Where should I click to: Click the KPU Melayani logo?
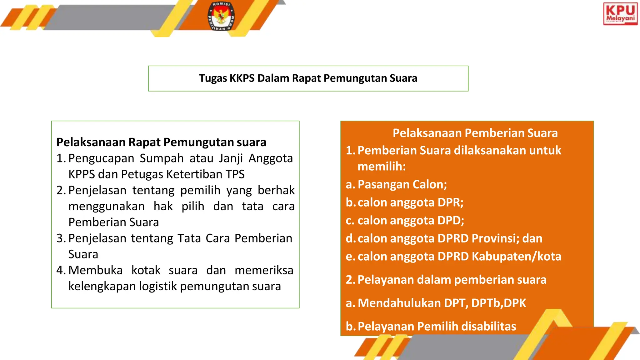pyautogui.click(x=620, y=14)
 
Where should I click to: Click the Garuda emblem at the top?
pyautogui.click(x=221, y=16)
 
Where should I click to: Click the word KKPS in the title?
pyautogui.click(x=242, y=78)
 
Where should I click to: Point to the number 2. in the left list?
pyautogui.click(x=61, y=190)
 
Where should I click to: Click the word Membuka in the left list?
pyautogui.click(x=95, y=270)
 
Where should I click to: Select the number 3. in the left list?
pyautogui.click(x=61, y=238)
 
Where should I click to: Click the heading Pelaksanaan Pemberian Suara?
pyautogui.click(x=475, y=133)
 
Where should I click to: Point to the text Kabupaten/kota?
pyautogui.click(x=516, y=257)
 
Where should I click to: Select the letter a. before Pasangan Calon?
pyautogui.click(x=350, y=185)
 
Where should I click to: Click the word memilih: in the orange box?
pyautogui.click(x=381, y=167)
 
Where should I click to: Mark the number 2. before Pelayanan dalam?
pyautogui.click(x=350, y=280)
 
